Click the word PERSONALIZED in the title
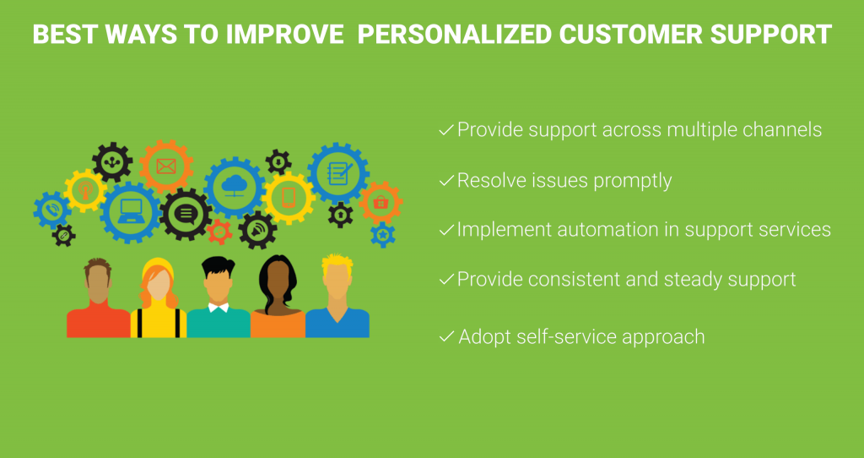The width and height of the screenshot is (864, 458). point(454,35)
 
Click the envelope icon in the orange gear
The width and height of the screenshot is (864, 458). point(166,166)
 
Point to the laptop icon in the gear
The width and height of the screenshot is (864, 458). point(131,210)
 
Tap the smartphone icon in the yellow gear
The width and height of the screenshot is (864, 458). point(289,198)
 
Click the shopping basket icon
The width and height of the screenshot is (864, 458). point(381,203)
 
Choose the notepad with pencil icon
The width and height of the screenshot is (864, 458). point(337,173)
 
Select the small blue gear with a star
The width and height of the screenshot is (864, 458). point(383,235)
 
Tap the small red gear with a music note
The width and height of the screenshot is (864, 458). point(219,232)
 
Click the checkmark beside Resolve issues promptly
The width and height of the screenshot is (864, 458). point(446,181)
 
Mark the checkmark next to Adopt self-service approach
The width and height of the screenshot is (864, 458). point(446,336)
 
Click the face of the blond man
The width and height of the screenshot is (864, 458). point(337,282)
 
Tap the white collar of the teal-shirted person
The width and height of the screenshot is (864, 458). point(219,308)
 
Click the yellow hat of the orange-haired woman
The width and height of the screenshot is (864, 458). point(158,269)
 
